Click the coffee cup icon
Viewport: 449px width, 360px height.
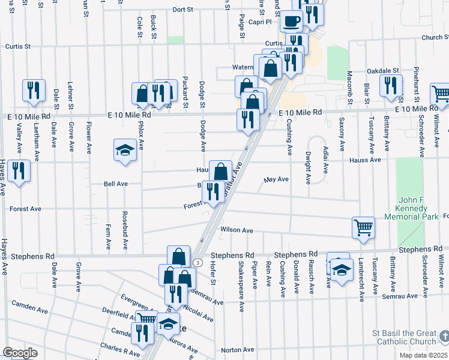click(x=292, y=21)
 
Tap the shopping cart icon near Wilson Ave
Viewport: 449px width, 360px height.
click(x=363, y=227)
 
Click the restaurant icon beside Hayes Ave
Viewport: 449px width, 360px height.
click(x=19, y=170)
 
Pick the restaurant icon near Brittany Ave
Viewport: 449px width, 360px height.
click(x=391, y=86)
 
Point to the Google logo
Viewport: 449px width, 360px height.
click(x=19, y=353)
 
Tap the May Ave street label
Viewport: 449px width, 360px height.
click(x=276, y=179)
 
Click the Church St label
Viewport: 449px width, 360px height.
click(x=435, y=37)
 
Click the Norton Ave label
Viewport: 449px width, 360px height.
click(x=238, y=350)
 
